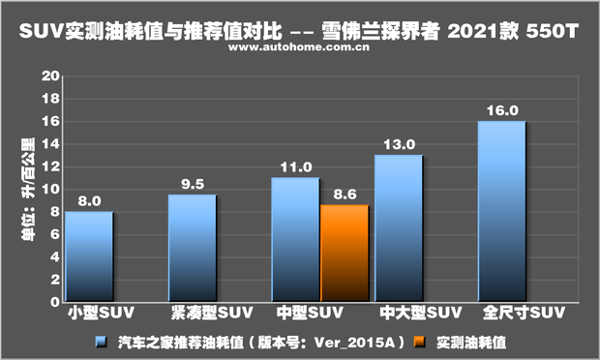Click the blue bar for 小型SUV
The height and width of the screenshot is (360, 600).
[89, 256]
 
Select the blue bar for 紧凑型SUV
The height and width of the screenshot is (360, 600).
[193, 248]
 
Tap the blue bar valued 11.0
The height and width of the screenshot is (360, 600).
[295, 239]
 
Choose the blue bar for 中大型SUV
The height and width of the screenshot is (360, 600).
[399, 228]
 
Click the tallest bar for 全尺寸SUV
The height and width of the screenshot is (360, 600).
[501, 211]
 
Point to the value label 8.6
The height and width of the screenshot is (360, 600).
[345, 194]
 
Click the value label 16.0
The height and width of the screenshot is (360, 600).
[501, 110]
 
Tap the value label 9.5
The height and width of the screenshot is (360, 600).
[193, 184]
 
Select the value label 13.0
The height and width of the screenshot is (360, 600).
[399, 144]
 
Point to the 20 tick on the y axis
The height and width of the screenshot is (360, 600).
[52, 75]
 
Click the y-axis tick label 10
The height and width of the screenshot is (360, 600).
[52, 189]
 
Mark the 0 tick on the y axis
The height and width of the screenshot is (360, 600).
[56, 301]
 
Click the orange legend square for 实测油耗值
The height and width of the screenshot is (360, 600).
[417, 342]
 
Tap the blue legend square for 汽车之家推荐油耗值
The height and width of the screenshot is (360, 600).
[101, 342]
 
